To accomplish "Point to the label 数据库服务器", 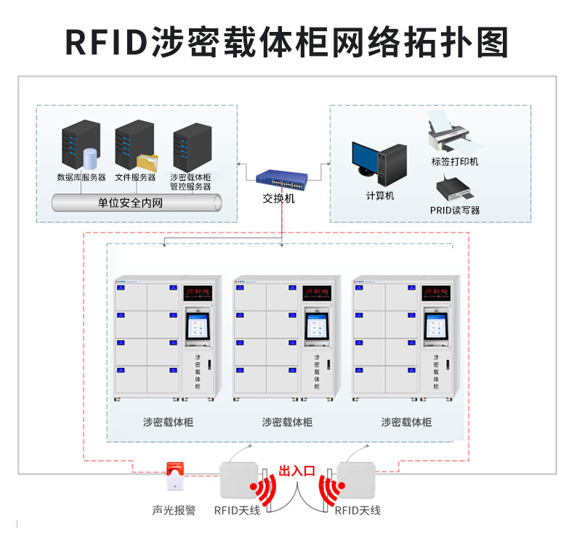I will (81, 177).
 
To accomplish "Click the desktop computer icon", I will (378, 164).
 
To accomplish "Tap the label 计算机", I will (379, 196).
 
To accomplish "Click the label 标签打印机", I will (455, 161).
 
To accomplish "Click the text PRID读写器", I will (455, 210).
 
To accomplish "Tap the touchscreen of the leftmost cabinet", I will (198, 327).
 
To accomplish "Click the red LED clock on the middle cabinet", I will (317, 292).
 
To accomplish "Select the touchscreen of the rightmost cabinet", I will (437, 327).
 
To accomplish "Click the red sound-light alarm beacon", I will (174, 475).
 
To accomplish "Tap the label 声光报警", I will (174, 510).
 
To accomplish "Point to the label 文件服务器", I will (135, 177).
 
